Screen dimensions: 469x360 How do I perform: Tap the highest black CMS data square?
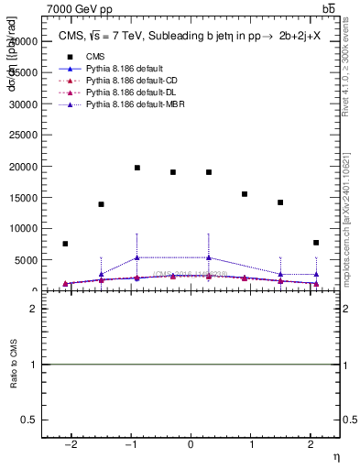137,168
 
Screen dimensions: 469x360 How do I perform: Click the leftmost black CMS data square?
65,244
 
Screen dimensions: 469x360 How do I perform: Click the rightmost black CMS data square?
315,243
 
